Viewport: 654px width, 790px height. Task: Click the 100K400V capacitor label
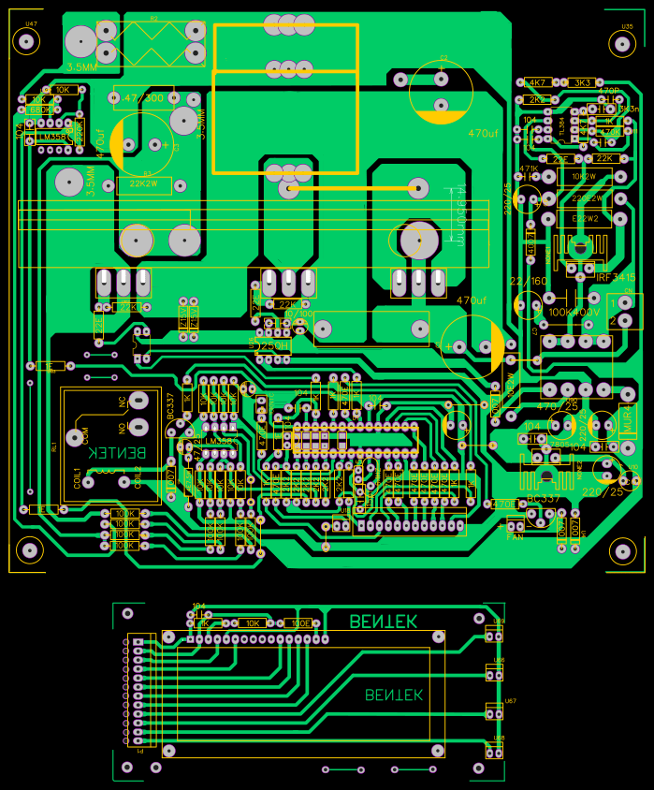pos(574,312)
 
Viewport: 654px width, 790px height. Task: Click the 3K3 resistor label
pos(583,82)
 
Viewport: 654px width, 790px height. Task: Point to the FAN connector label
pos(515,537)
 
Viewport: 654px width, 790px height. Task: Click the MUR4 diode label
pos(627,425)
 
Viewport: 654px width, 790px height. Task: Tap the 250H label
pos(274,345)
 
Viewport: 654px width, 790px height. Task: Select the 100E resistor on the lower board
pos(299,622)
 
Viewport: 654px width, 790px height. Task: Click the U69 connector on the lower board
pos(495,636)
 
